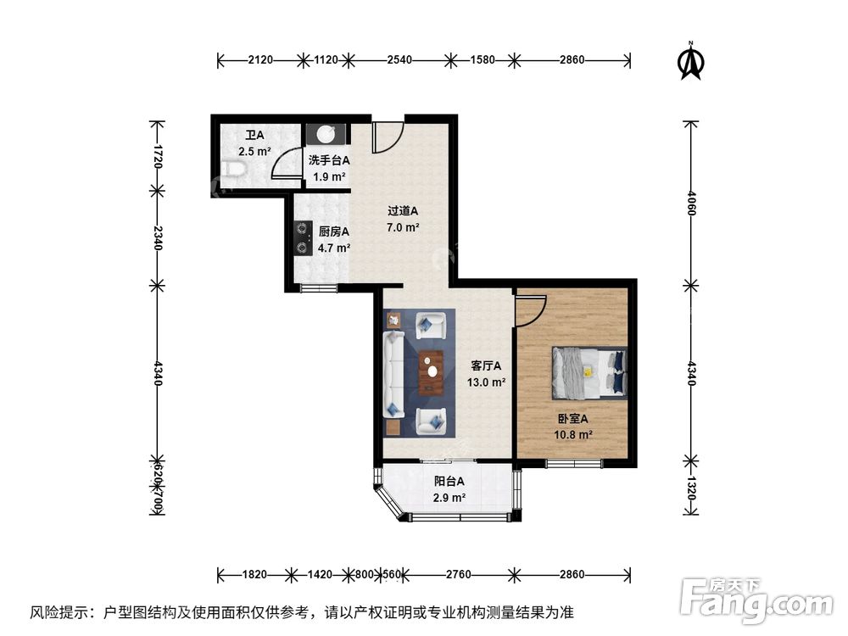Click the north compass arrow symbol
point(693,62)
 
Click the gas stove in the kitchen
point(302,237)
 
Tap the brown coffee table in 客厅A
point(432,371)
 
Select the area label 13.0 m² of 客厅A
point(487,382)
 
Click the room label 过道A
point(403,212)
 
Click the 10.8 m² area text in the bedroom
point(573,434)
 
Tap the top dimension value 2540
point(399,60)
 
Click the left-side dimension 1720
point(156,157)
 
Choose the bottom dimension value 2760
point(458,575)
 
